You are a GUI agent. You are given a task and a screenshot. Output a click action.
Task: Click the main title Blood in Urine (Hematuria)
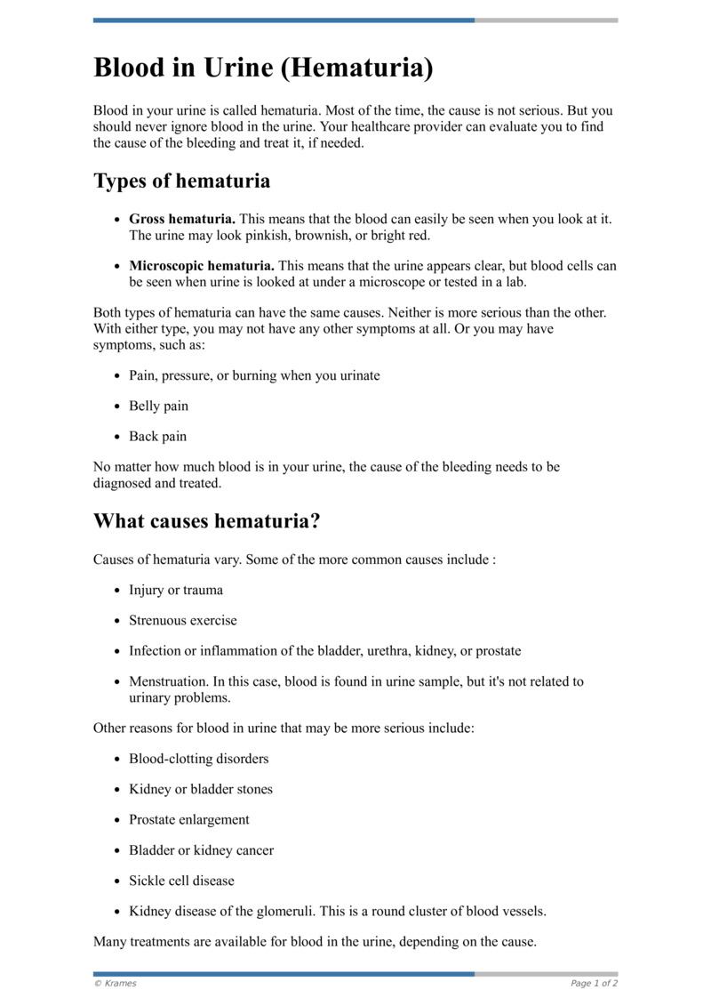click(263, 68)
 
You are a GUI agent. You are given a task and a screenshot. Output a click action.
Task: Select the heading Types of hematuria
click(181, 181)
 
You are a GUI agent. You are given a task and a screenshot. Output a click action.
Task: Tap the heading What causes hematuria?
click(206, 520)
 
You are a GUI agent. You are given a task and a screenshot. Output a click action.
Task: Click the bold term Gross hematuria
click(182, 219)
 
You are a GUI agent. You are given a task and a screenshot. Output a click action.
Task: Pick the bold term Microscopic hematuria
click(202, 266)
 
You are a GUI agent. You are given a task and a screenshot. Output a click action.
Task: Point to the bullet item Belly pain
click(158, 406)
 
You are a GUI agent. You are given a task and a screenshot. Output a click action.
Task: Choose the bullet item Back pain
click(157, 437)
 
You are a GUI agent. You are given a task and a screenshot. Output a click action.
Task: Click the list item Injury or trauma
click(176, 591)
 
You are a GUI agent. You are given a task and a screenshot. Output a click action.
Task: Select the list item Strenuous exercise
click(182, 621)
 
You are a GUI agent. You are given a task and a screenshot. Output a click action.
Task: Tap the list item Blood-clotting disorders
click(198, 759)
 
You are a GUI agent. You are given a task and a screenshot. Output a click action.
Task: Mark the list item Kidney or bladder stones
click(201, 790)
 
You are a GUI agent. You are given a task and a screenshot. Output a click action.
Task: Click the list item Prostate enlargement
click(188, 820)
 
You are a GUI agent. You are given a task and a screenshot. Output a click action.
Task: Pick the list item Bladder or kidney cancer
click(201, 850)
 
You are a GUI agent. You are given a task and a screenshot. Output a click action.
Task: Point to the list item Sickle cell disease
click(181, 881)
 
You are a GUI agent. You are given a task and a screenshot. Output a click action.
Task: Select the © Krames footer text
click(116, 984)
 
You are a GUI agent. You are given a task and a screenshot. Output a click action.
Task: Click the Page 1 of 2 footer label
click(594, 984)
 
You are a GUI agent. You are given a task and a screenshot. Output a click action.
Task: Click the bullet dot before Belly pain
click(118, 406)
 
